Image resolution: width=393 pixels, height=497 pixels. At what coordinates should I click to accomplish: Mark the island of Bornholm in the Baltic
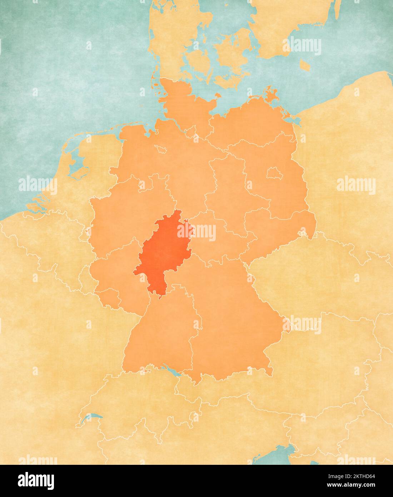304,65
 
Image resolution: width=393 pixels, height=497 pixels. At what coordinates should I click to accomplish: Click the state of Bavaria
229,315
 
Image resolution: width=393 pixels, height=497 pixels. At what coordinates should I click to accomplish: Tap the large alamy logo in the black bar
36,481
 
